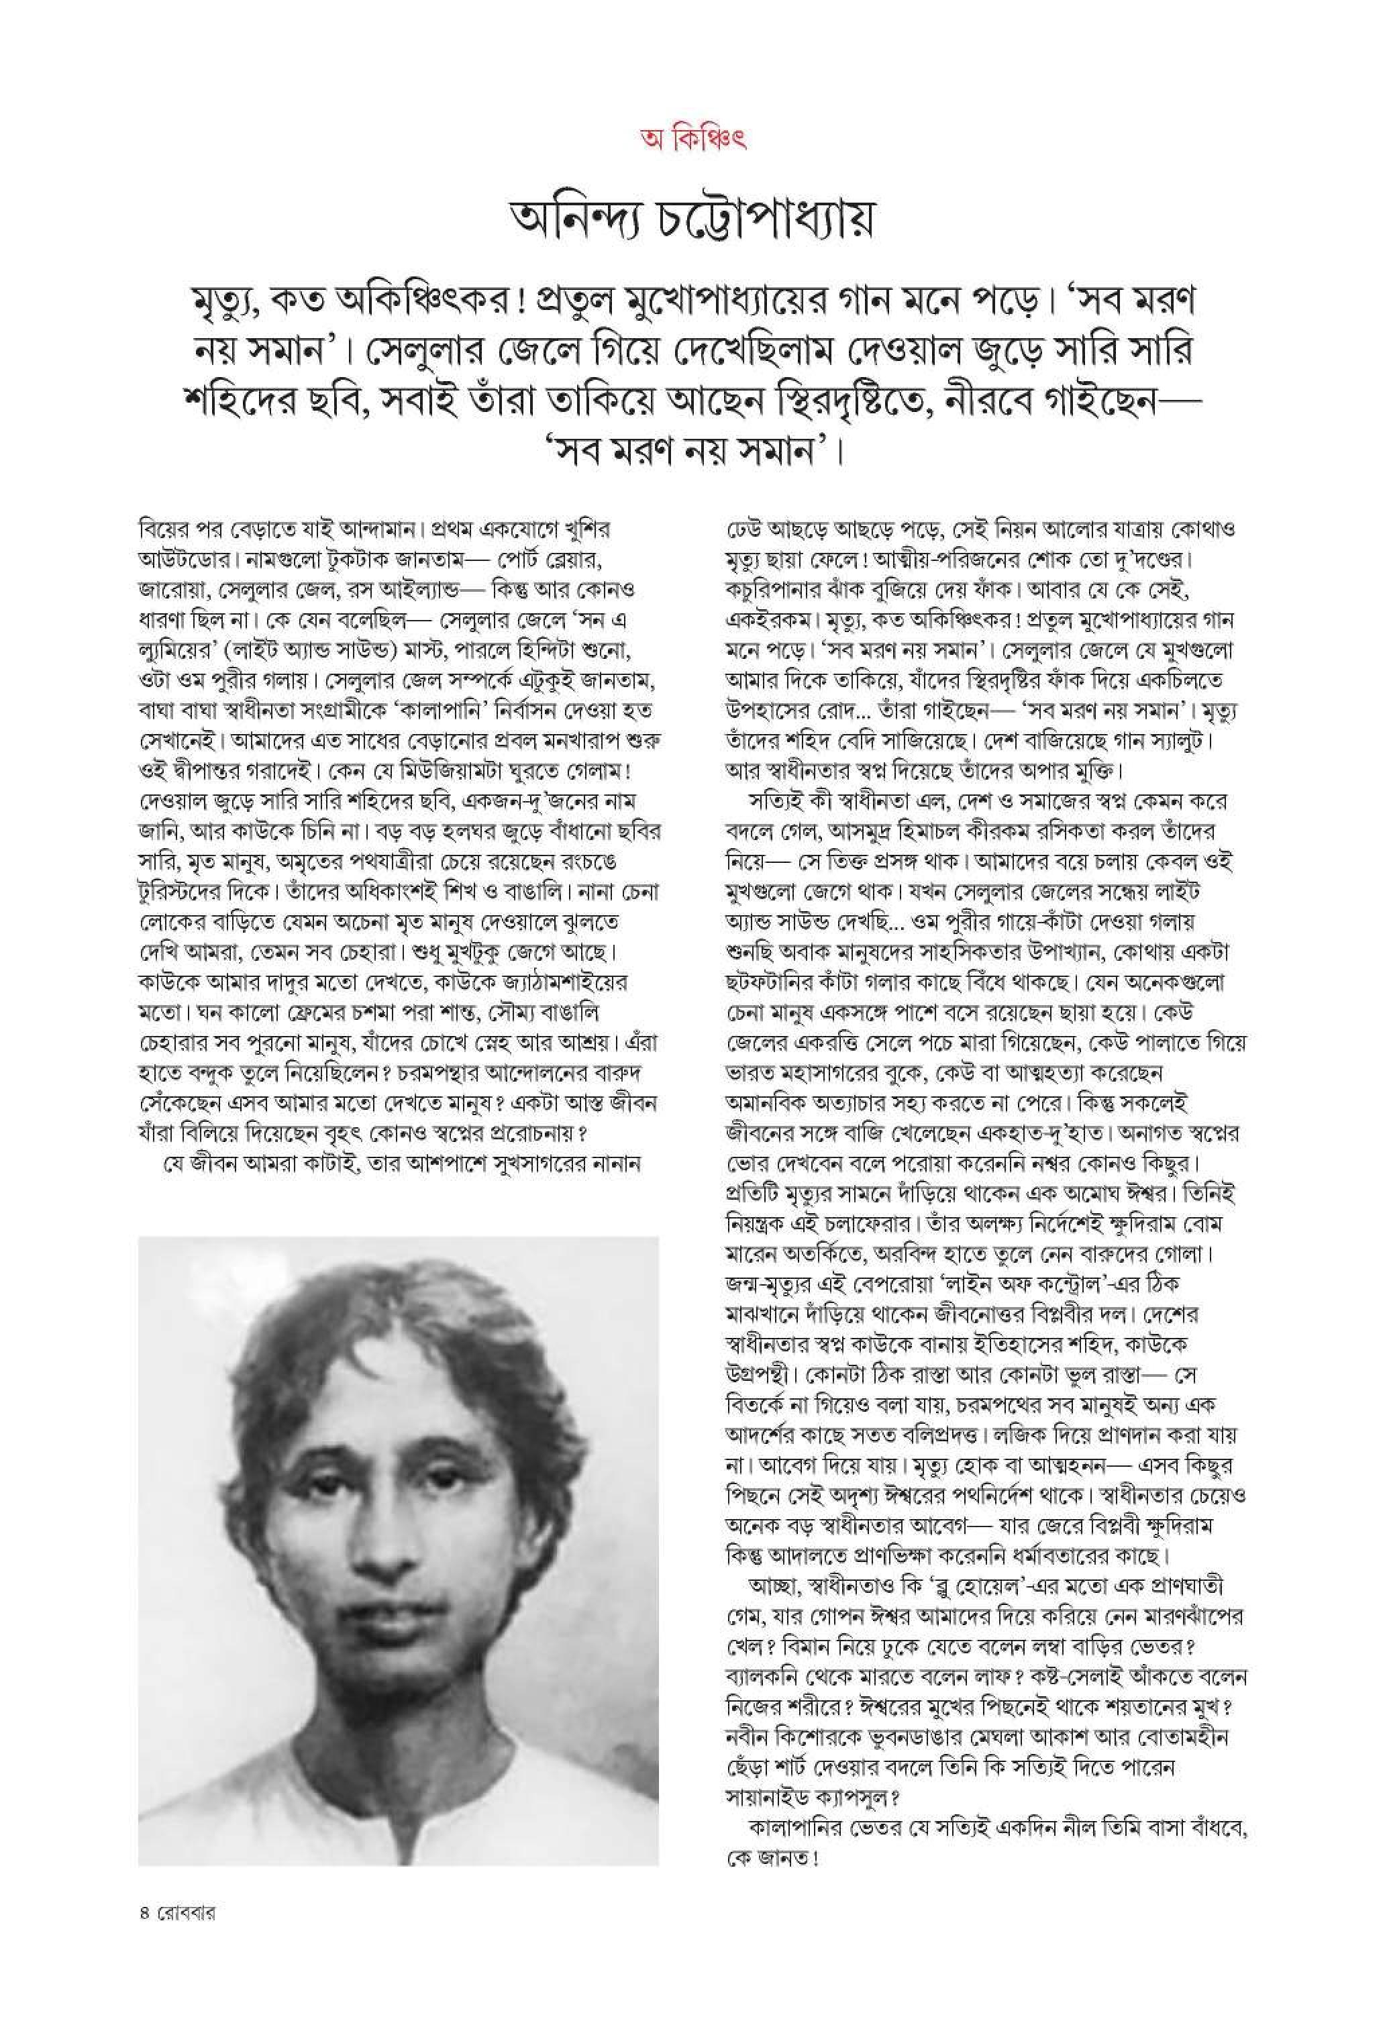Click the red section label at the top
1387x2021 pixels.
point(693,139)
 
